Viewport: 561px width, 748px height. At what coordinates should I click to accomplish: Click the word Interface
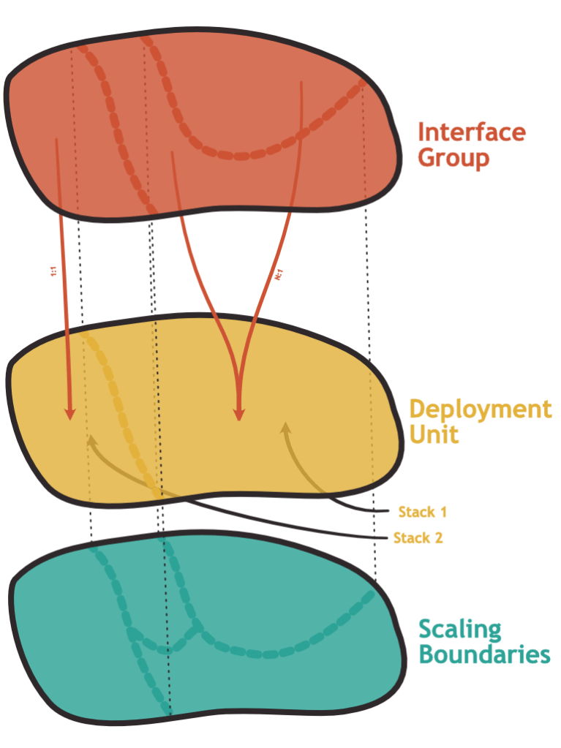(471, 132)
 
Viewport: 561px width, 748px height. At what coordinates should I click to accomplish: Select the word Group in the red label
(453, 157)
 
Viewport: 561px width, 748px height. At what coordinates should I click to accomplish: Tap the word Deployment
(480, 408)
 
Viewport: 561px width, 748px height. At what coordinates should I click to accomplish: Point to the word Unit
(434, 434)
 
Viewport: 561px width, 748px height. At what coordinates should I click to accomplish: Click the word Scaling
(459, 630)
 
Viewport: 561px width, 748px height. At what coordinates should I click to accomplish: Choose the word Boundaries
(483, 654)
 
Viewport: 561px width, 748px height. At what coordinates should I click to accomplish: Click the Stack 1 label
(422, 511)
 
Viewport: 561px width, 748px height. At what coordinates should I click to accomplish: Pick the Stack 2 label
(418, 539)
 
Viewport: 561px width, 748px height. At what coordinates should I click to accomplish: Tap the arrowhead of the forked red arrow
(238, 415)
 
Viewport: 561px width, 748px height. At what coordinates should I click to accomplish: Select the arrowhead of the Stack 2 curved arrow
(91, 440)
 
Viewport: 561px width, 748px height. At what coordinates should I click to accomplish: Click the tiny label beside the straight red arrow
(53, 272)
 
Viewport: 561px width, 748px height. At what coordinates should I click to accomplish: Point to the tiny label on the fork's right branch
(279, 275)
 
